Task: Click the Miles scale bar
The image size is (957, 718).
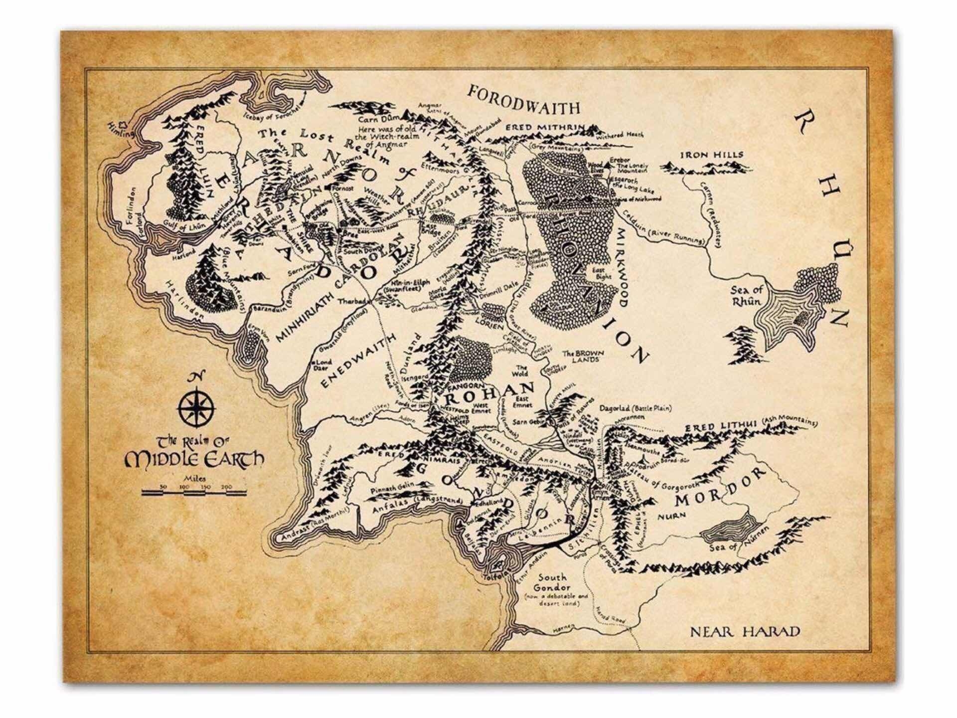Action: click(194, 493)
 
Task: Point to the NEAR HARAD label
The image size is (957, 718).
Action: click(745, 632)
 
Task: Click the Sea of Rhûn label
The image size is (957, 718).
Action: click(746, 296)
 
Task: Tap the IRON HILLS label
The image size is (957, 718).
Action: click(712, 155)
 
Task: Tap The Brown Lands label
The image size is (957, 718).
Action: click(583, 356)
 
